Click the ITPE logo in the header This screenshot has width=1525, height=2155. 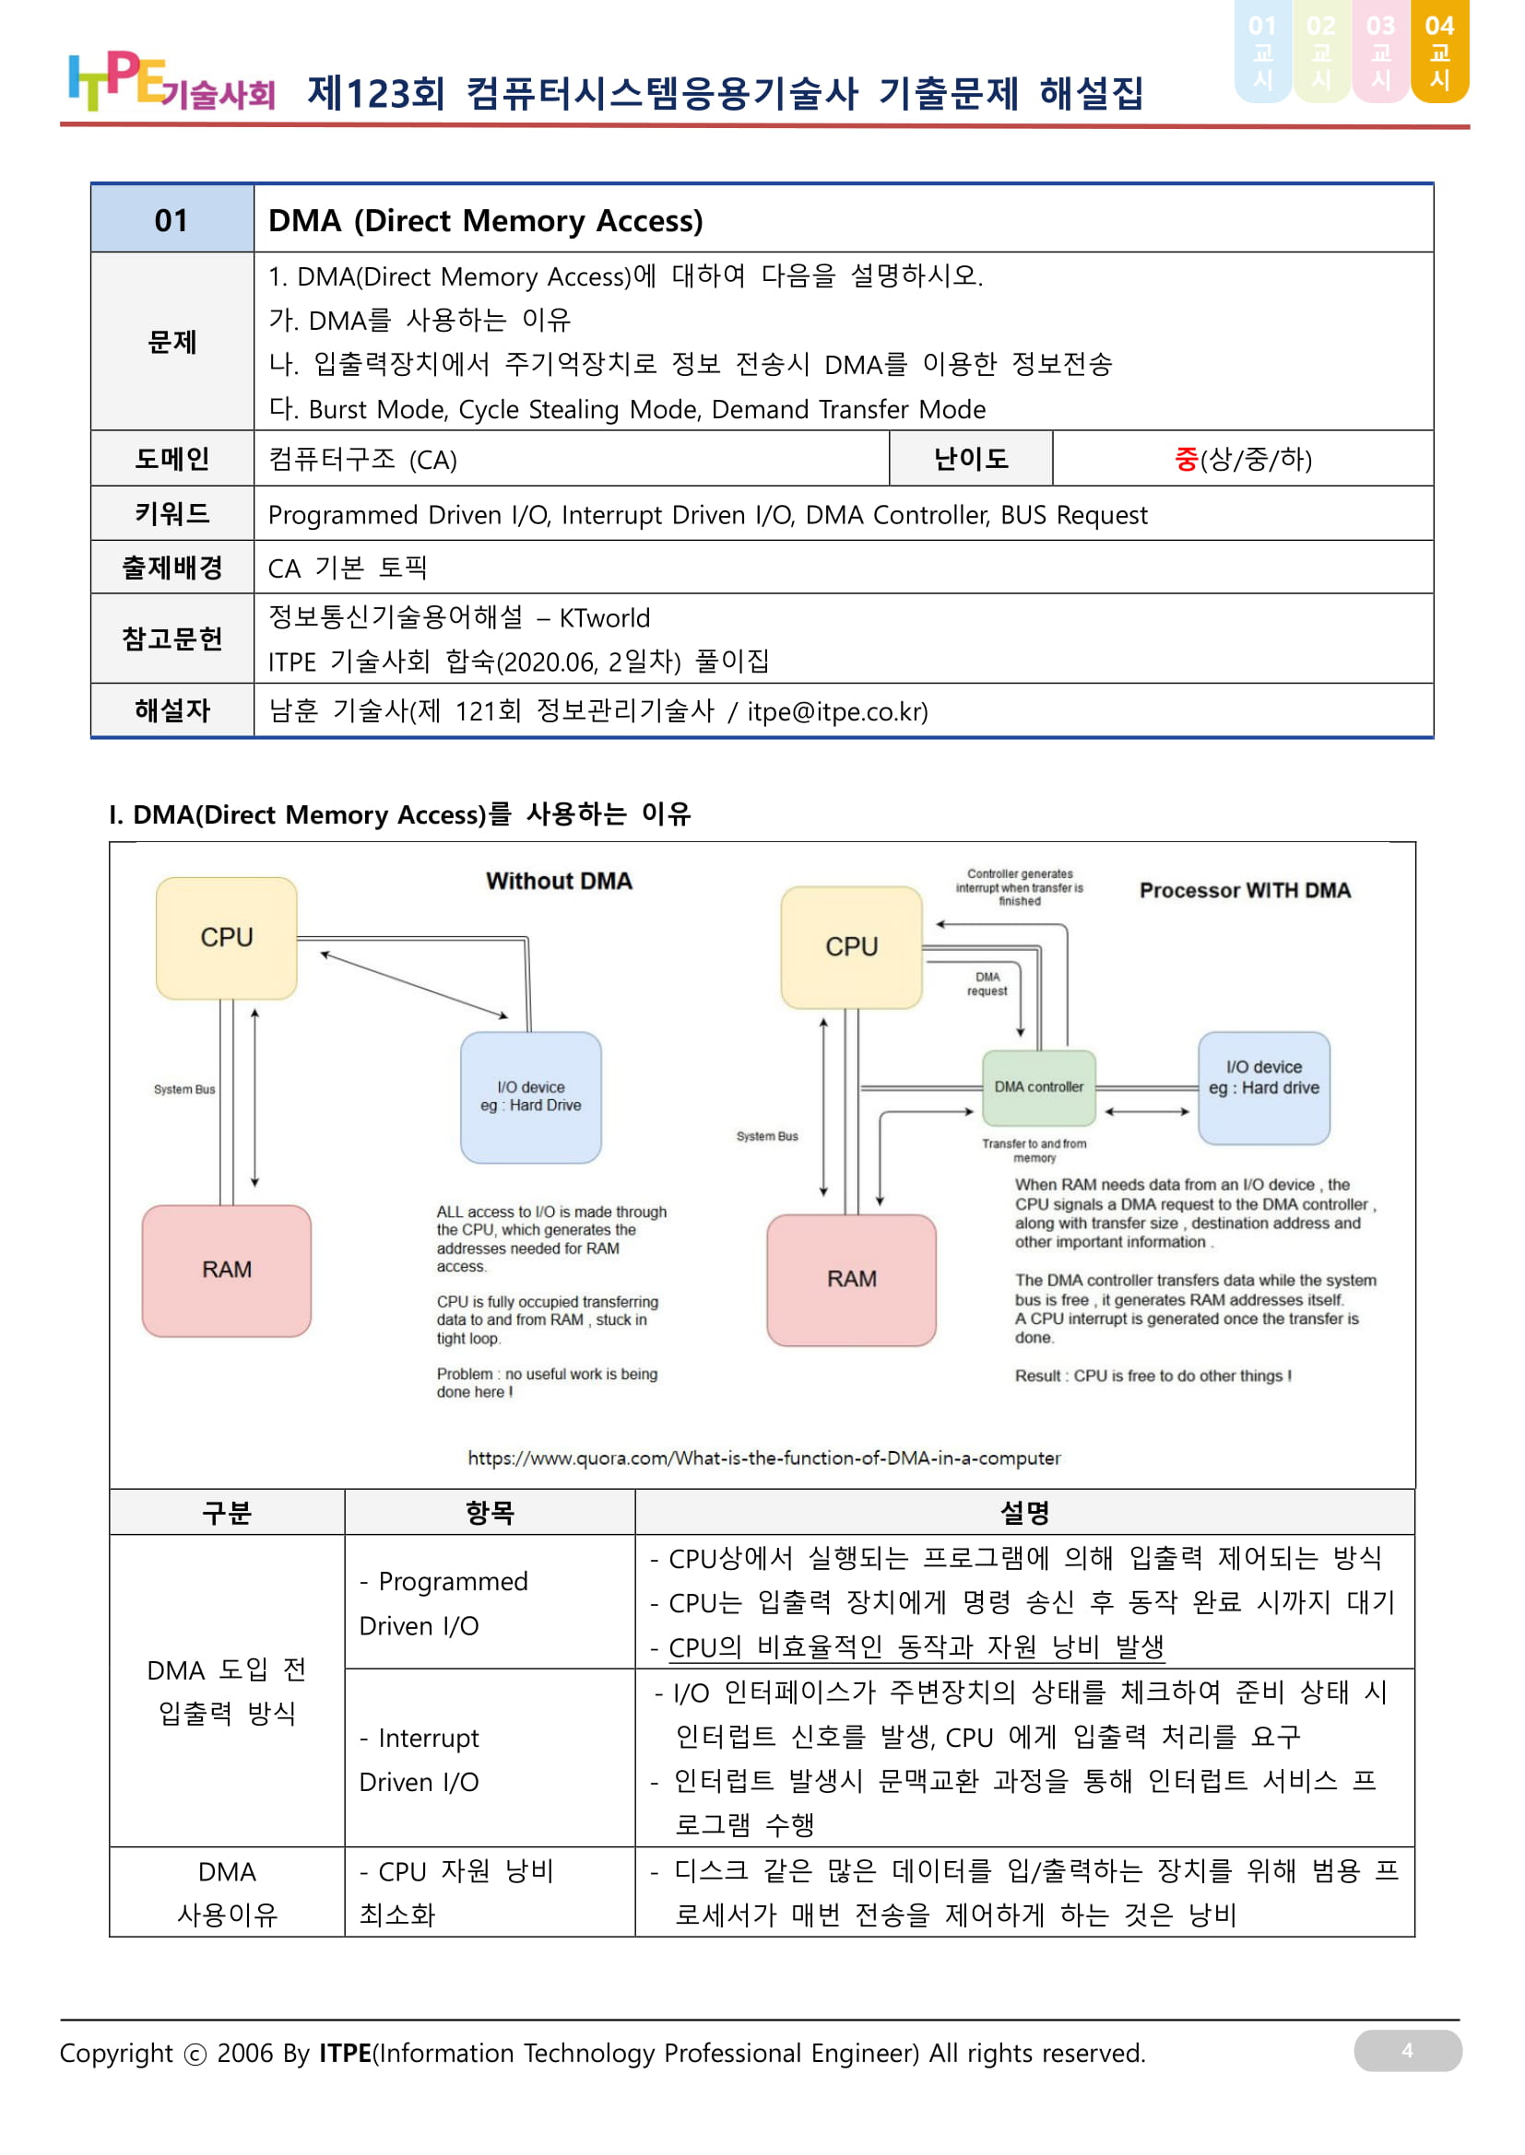(171, 83)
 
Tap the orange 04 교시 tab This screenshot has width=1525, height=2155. (1438, 52)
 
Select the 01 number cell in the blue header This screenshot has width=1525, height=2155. (171, 220)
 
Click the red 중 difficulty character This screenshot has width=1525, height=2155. (1187, 459)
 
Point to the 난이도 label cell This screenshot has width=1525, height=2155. (970, 459)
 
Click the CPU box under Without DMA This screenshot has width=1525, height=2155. (226, 938)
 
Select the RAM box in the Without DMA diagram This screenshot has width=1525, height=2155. (226, 1270)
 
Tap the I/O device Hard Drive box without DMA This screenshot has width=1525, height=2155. (530, 1096)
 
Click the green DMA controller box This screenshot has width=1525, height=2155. (1038, 1087)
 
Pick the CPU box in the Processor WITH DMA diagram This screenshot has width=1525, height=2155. (851, 947)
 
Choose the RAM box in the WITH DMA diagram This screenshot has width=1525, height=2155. (851, 1280)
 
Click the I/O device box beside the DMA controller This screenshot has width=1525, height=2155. (1263, 1087)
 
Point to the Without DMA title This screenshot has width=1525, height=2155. (559, 882)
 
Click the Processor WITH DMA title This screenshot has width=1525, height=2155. (1244, 891)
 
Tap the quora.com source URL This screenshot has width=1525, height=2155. (763, 1458)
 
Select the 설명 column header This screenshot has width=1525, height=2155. (1023, 1512)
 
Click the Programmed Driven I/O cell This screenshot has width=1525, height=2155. (490, 1602)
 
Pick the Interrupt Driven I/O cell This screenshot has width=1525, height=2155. (490, 1759)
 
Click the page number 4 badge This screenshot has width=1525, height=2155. (1407, 2051)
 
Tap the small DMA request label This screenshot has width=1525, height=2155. (987, 984)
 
